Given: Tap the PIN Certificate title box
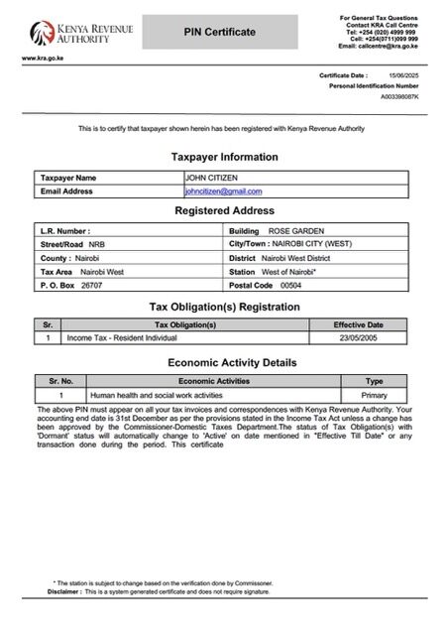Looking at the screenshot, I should tap(220, 33).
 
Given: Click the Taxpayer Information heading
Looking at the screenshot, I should tap(224, 157).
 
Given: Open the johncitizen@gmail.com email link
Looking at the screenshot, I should tap(224, 190).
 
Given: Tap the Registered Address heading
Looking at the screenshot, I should tap(224, 210).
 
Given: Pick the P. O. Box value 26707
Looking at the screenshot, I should tap(92, 285).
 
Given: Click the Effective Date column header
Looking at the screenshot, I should tap(358, 324).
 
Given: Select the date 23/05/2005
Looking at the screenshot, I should tap(358, 338).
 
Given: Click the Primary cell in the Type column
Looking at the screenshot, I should tap(375, 395).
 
